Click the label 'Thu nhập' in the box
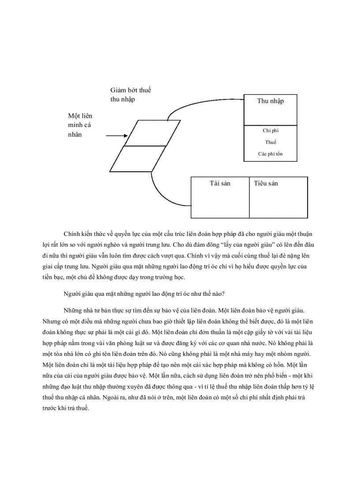[x=270, y=101]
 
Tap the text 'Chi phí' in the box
[x=270, y=130]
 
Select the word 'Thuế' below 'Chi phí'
[x=270, y=142]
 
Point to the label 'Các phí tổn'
[x=270, y=154]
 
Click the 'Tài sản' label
[x=220, y=183]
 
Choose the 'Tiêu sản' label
[x=266, y=183]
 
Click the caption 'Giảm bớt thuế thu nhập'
[x=130, y=95]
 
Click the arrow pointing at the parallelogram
[x=117, y=136]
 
